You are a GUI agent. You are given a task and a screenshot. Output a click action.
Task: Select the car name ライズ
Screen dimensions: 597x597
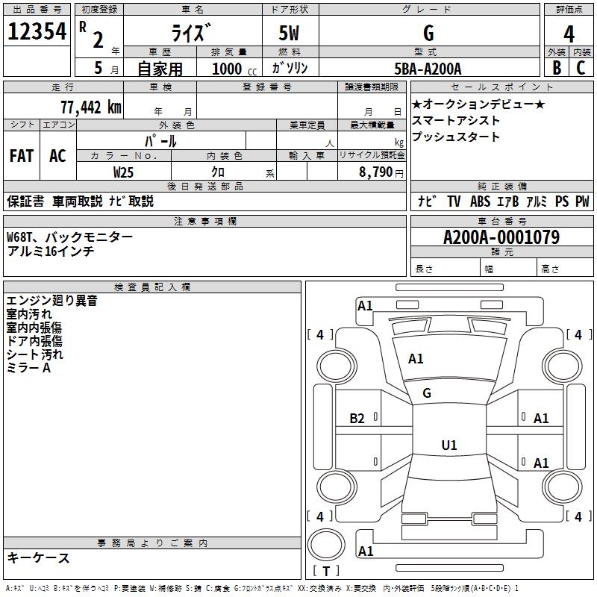[x=193, y=34]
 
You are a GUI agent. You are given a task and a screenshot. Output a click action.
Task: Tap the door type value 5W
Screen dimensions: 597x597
[x=290, y=34]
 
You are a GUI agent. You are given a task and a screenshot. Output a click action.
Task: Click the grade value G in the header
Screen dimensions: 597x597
[x=428, y=34]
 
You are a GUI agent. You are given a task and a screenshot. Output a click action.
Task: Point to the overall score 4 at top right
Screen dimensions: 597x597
[x=569, y=34]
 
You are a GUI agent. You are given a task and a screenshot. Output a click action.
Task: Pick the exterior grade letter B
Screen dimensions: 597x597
[x=557, y=68]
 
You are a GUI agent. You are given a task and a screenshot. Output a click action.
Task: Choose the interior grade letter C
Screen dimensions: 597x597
[x=581, y=68]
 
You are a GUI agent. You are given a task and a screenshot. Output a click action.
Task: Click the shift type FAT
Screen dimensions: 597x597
[x=22, y=156]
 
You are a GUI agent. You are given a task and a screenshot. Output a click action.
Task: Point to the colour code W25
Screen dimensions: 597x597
[x=124, y=172]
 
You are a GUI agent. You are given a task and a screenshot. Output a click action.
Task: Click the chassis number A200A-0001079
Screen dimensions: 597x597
[x=501, y=237]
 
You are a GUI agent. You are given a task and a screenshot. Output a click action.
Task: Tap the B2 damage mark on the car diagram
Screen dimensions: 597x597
[x=357, y=419]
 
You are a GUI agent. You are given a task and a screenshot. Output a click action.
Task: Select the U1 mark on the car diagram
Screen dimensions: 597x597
[x=448, y=446]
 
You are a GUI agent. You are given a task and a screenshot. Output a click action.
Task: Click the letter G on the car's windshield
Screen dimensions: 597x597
[x=427, y=393]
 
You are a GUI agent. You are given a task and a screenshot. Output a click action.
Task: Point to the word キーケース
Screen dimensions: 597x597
[x=38, y=558]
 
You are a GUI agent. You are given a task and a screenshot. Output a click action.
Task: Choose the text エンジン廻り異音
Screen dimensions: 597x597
[x=51, y=301]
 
